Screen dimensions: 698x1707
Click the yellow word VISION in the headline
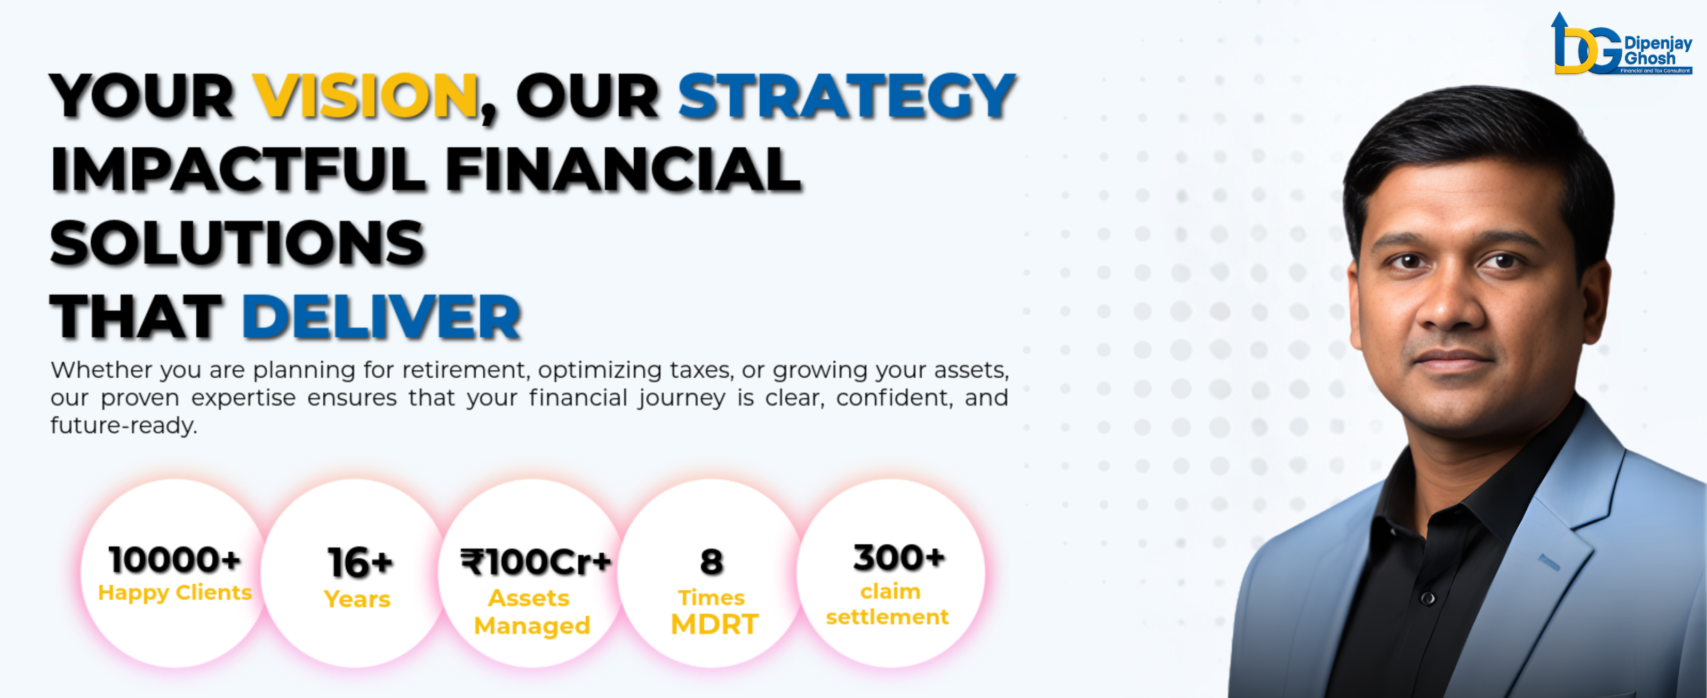click(x=366, y=96)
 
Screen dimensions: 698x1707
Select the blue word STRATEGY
click(x=846, y=96)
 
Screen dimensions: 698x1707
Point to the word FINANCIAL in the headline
click(x=623, y=170)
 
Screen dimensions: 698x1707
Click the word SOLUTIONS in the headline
click(x=237, y=243)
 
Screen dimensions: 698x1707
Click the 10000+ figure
click(x=174, y=559)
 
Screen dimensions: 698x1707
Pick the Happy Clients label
click(x=175, y=592)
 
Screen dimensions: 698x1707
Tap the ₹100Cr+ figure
click(x=536, y=562)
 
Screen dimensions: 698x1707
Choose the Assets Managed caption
click(x=531, y=612)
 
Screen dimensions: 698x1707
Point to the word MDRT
click(x=714, y=624)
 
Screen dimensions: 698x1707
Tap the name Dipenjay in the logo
click(x=1658, y=43)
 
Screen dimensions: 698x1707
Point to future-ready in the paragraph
click(x=124, y=425)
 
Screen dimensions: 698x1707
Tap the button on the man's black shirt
click(x=1429, y=599)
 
